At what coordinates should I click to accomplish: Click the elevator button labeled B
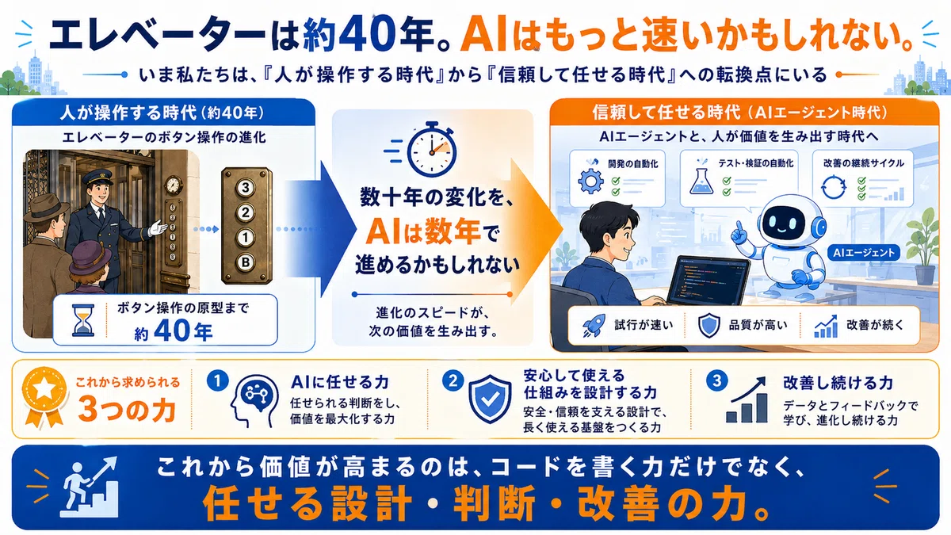(246, 262)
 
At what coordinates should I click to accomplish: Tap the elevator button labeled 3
(246, 187)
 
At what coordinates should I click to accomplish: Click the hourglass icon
(83, 320)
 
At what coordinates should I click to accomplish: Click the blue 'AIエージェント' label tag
(864, 253)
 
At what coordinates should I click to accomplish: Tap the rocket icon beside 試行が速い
(594, 326)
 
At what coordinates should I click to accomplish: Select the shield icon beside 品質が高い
(709, 326)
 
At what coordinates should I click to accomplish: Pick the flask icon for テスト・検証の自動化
(701, 181)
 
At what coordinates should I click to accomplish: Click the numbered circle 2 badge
(453, 380)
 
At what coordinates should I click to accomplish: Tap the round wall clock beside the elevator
(174, 185)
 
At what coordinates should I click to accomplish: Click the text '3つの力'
(127, 409)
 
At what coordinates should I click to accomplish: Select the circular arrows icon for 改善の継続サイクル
(834, 187)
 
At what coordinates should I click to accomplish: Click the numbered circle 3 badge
(716, 381)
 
